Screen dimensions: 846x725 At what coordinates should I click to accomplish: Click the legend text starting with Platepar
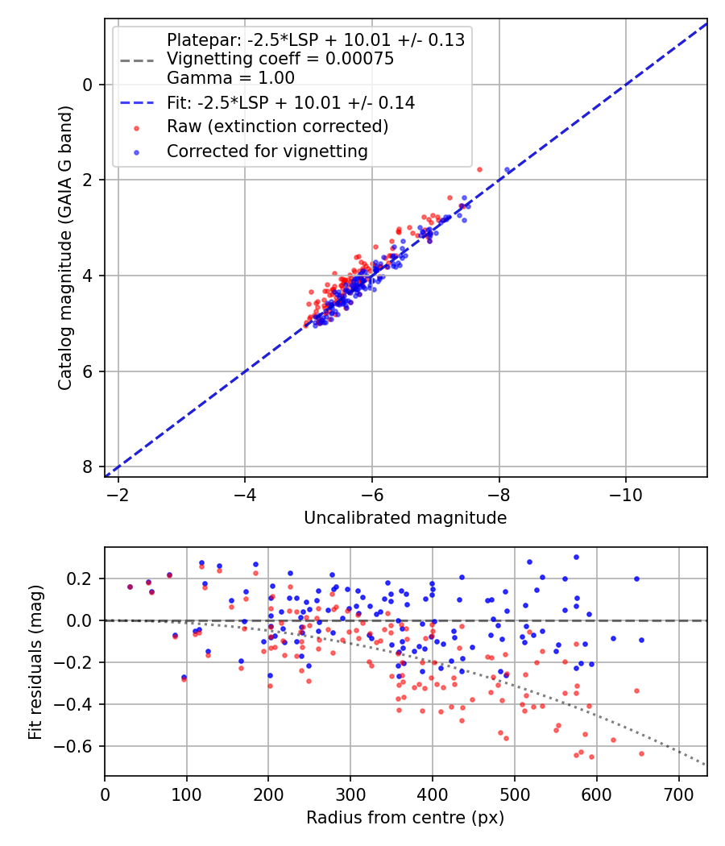coord(315,39)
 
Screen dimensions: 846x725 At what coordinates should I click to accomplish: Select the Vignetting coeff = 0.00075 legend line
coord(280,59)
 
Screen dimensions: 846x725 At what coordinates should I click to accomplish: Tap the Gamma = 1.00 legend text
coord(230,78)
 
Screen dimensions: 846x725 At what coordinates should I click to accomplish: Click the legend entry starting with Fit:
coord(290,103)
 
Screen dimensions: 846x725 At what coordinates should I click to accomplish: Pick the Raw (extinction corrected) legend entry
coord(277,126)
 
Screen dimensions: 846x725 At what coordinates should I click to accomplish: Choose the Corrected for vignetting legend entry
coord(267,151)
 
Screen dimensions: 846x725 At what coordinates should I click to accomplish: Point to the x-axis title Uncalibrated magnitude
coord(405,518)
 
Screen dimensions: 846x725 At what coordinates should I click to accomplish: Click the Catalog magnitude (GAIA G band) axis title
coord(67,247)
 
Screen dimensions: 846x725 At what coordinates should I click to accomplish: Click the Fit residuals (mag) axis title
coord(35,661)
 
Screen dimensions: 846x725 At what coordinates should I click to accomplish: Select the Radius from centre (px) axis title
coord(405,818)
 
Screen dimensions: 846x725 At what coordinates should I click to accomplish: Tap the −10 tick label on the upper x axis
coord(625,494)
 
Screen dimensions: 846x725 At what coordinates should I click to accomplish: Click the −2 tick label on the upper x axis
coord(118,494)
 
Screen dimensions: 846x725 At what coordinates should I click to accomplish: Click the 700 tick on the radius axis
coord(678,794)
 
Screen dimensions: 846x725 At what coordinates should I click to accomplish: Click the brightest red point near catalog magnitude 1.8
coord(479,169)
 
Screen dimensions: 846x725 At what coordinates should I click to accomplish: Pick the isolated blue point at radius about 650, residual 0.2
coord(636,579)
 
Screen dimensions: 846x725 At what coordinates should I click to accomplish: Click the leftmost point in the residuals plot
coord(130,587)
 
